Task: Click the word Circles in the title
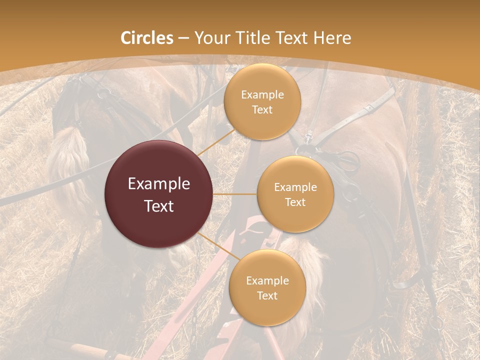147,38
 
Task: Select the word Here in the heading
331,38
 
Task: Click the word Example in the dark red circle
159,184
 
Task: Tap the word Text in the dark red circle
159,205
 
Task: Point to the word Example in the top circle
262,95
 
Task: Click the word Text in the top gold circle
262,110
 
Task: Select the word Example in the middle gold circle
295,187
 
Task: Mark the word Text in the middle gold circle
295,202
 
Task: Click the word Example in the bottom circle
267,281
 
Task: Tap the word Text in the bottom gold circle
267,296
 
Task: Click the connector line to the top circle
216,142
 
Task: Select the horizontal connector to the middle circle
234,194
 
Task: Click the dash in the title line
183,38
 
